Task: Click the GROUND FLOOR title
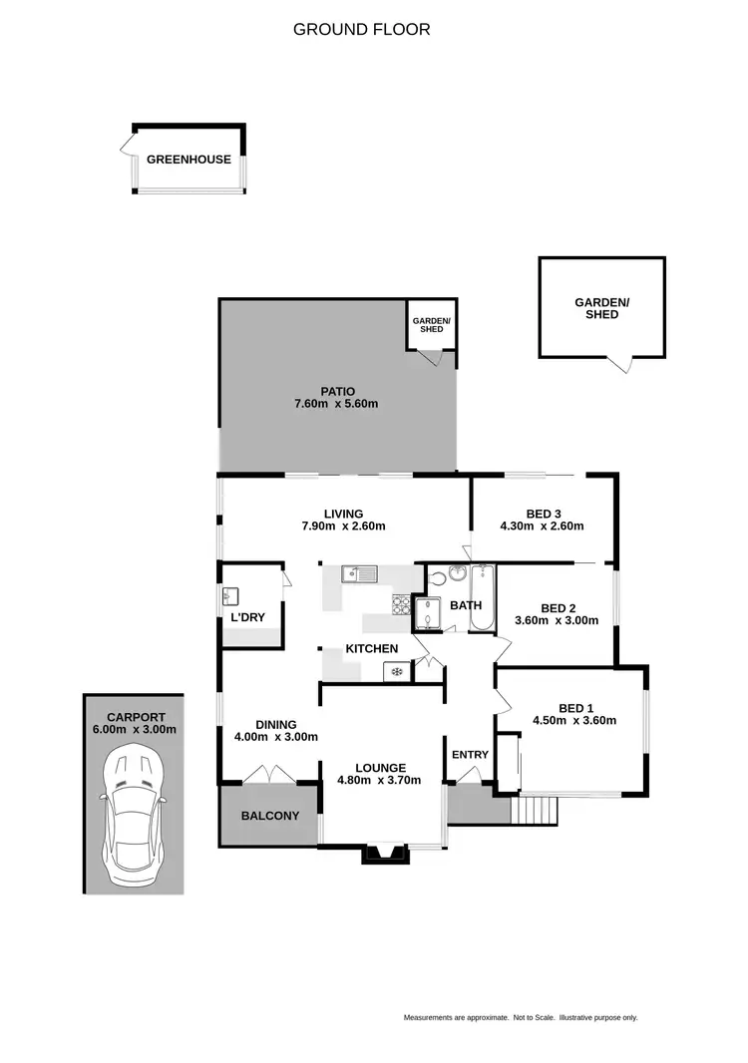[361, 29]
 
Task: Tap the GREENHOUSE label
[188, 160]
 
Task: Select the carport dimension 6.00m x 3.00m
[135, 729]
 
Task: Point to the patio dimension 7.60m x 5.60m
[336, 404]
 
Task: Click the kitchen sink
[357, 573]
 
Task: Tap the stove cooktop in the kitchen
[401, 603]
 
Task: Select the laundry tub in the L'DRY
[231, 596]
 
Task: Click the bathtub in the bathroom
[481, 598]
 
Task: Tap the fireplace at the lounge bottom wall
[383, 853]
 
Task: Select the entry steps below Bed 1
[534, 811]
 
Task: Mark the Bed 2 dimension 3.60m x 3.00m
[557, 619]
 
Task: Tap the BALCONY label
[269, 816]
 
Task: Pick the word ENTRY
[470, 755]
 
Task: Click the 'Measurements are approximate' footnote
[520, 1017]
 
